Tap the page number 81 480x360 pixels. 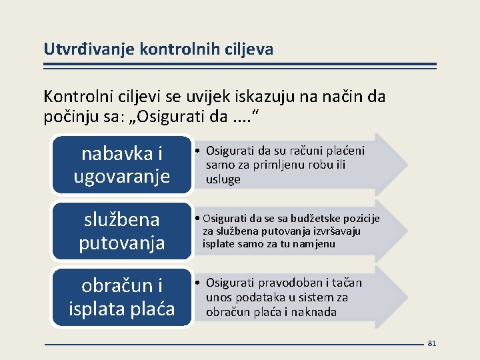click(431, 343)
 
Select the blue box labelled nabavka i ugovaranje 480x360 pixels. click(121, 165)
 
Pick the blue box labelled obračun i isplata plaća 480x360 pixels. click(121, 297)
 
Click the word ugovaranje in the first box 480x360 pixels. click(121, 177)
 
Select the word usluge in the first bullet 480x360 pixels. click(223, 180)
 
